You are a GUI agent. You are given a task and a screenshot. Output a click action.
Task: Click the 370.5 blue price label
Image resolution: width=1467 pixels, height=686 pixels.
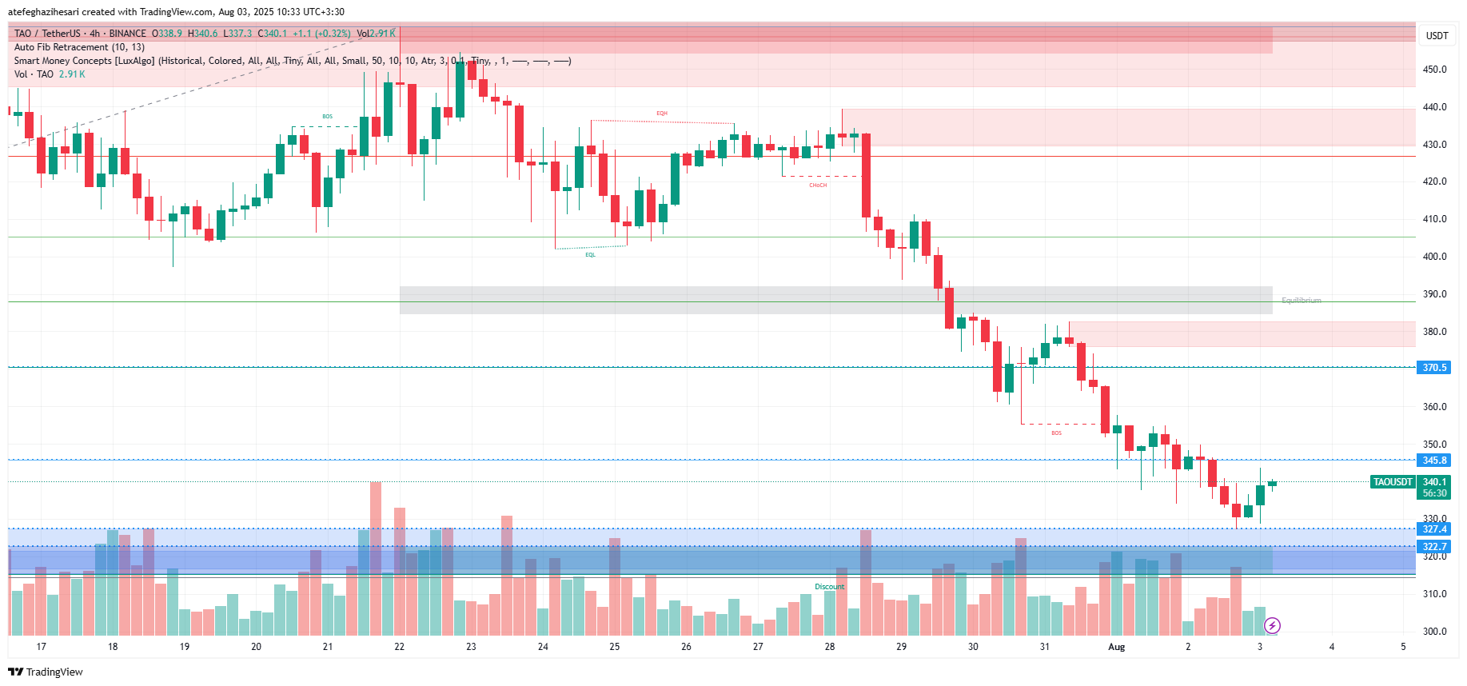[1434, 368]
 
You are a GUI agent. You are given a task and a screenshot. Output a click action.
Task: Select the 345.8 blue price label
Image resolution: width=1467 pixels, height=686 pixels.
[1434, 461]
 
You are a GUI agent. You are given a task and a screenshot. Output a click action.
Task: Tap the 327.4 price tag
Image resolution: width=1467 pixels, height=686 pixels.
[1434, 529]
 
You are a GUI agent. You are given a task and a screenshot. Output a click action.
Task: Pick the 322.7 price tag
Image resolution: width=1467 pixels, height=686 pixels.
[1434, 547]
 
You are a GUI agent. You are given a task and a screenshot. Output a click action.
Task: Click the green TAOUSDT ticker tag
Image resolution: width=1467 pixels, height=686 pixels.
[1393, 482]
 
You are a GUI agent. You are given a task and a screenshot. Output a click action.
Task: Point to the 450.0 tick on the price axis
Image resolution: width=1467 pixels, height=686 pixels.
[1434, 70]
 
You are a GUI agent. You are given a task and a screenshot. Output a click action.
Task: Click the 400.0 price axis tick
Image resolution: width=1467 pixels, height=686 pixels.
[1434, 257]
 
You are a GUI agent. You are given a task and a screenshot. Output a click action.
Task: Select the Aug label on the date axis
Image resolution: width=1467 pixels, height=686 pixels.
[1116, 647]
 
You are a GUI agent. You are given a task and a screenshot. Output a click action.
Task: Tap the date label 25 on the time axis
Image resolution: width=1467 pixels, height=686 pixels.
[614, 647]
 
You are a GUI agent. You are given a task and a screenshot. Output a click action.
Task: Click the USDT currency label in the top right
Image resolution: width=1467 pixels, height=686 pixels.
[1437, 36]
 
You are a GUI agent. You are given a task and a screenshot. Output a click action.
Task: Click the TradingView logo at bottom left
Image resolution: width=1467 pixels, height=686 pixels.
[46, 672]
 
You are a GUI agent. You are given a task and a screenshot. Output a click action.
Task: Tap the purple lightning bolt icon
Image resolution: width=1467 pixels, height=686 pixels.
[1272, 625]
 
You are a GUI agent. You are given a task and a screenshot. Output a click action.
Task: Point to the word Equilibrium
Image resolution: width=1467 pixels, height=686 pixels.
[1301, 301]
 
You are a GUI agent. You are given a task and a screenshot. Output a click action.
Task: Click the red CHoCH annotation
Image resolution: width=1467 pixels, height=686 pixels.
[818, 185]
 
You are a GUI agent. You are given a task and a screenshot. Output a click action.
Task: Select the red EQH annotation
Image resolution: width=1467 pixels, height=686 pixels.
[662, 114]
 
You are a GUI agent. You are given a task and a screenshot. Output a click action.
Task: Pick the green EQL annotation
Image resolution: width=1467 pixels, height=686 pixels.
[590, 255]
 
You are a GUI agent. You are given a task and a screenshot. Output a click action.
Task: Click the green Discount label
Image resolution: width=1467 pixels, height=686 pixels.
[829, 587]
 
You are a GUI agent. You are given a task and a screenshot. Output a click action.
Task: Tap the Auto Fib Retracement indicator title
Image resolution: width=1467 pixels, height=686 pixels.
[79, 47]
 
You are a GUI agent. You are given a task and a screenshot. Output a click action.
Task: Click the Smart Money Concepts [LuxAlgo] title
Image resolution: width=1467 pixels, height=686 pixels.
[85, 61]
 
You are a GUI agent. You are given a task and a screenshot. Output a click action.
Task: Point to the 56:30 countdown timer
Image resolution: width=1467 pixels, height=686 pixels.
[1434, 493]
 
